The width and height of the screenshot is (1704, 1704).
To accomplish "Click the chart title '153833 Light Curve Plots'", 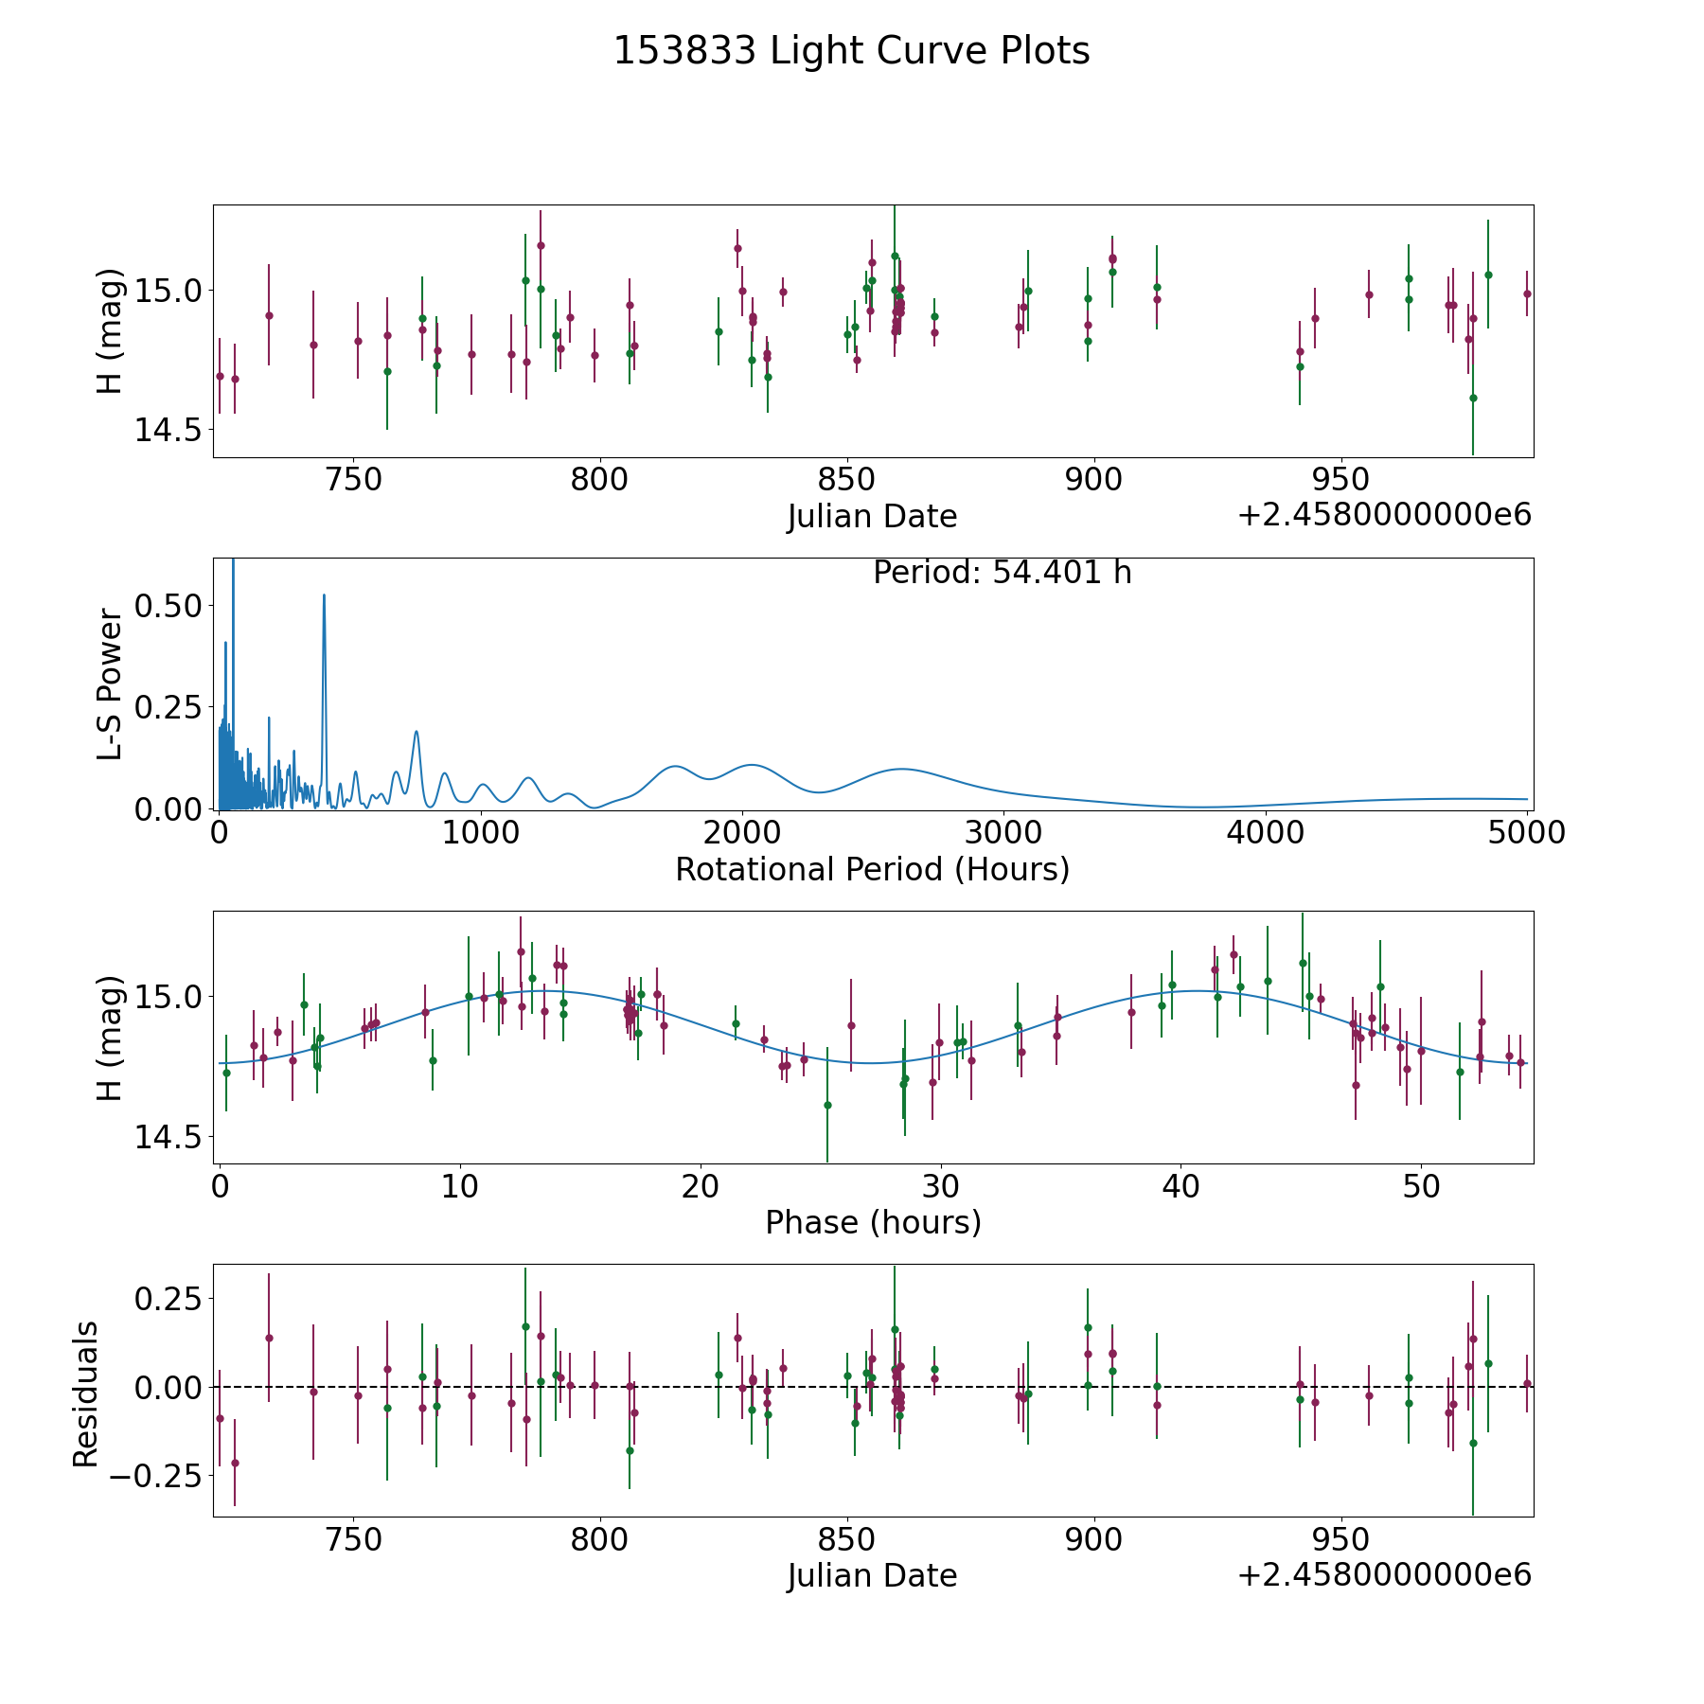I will [851, 51].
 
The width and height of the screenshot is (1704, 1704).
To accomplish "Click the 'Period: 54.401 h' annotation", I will [1002, 573].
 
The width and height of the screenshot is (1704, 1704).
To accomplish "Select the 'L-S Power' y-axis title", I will [111, 683].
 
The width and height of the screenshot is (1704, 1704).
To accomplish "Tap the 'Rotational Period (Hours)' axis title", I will [872, 869].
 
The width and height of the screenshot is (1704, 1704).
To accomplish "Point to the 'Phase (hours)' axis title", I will [872, 1222].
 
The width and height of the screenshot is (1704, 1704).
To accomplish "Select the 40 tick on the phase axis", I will [1180, 1186].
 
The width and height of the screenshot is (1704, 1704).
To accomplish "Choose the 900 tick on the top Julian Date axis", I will [1093, 479].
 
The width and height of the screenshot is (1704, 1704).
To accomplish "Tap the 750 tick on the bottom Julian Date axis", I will [353, 1539].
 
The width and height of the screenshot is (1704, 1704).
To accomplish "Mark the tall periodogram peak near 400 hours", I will [324, 596].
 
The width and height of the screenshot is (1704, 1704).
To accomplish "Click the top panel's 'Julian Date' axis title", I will [872, 517].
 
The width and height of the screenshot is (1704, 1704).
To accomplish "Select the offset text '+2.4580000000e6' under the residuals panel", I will [1384, 1574].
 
